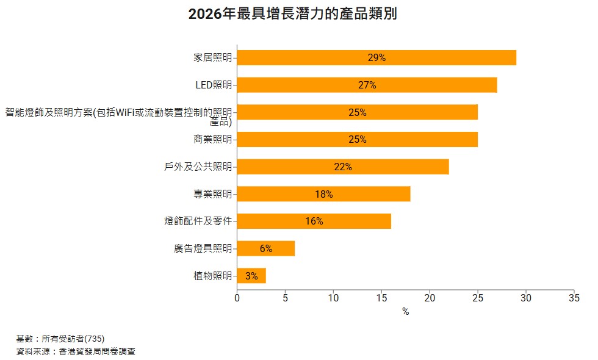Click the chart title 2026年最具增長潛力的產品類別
(x=293, y=14)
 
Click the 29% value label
(x=376, y=58)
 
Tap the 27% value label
(x=367, y=85)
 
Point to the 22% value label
(x=343, y=167)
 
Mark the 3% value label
(x=251, y=276)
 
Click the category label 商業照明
(x=212, y=140)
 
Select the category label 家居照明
(x=212, y=58)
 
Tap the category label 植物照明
(x=212, y=276)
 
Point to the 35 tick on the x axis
(x=574, y=298)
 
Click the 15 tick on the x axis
(x=381, y=298)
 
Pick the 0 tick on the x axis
(x=237, y=298)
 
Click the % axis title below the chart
(x=405, y=312)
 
